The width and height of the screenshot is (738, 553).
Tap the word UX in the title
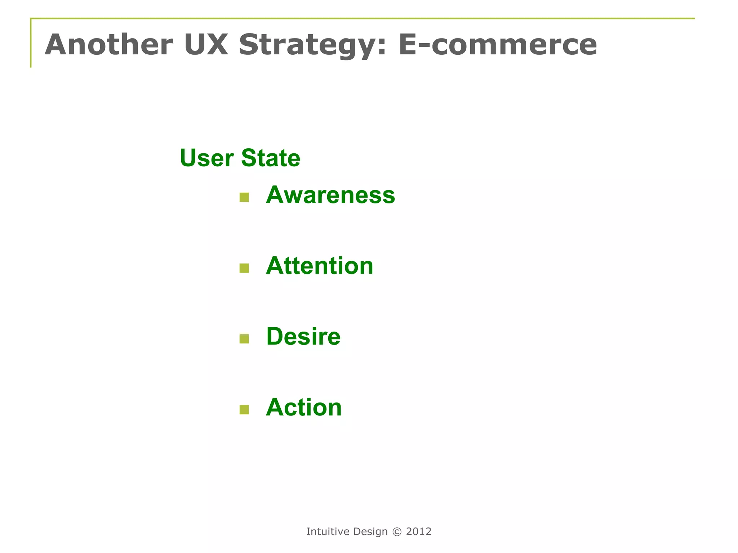pyautogui.click(x=206, y=45)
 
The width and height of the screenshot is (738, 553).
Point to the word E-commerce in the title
pyautogui.click(x=498, y=45)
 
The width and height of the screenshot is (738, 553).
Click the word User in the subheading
pyautogui.click(x=207, y=158)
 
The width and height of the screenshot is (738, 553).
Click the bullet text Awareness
pyautogui.click(x=330, y=195)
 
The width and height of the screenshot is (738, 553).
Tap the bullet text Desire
pyautogui.click(x=303, y=337)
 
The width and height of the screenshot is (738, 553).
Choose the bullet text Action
pyautogui.click(x=304, y=408)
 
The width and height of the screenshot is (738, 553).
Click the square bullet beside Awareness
pyautogui.click(x=244, y=197)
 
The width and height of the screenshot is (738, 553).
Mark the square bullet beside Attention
pyautogui.click(x=244, y=268)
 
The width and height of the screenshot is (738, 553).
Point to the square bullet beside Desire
pyautogui.click(x=244, y=339)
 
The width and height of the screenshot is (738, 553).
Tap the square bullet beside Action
pyautogui.click(x=244, y=410)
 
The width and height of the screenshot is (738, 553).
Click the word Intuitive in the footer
pyautogui.click(x=328, y=531)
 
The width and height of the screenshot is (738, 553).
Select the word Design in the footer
pyautogui.click(x=370, y=532)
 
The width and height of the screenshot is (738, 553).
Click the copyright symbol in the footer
pyautogui.click(x=397, y=532)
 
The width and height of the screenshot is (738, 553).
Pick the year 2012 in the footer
pyautogui.click(x=419, y=531)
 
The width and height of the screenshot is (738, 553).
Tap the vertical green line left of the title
pyautogui.click(x=31, y=43)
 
